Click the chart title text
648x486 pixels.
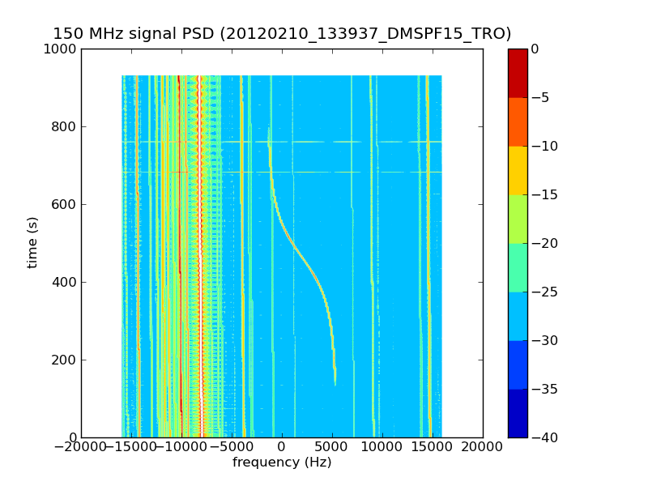[x=282, y=34]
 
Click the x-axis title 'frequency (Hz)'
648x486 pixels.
[x=282, y=463]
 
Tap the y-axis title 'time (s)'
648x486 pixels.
[x=33, y=242]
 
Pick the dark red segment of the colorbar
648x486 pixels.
[x=518, y=73]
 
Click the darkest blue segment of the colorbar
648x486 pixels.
[x=518, y=413]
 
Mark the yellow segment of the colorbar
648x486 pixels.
[x=518, y=170]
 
